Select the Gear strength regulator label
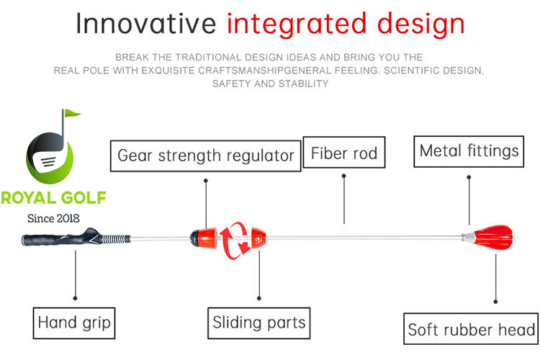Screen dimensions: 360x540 tap(205, 155)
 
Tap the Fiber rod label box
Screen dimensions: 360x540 tap(344, 153)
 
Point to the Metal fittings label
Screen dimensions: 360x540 tap(469, 150)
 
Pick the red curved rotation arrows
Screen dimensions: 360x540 tap(235, 238)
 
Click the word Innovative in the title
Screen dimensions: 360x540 tap(145, 24)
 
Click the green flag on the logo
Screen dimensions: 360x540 tap(71, 114)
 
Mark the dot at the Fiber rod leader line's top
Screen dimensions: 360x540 tap(344, 175)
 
